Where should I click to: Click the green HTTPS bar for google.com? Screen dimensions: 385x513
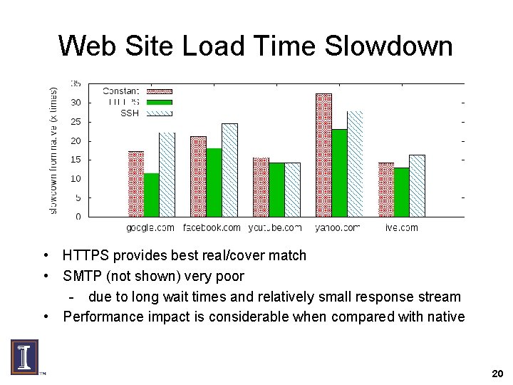coord(151,195)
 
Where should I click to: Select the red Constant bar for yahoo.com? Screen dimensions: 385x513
coord(323,155)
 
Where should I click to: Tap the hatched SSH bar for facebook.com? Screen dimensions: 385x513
coord(229,170)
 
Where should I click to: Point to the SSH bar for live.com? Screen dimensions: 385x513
coord(417,185)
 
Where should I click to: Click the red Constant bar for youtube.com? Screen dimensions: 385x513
coord(261,187)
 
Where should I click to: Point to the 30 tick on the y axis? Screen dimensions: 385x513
coord(76,103)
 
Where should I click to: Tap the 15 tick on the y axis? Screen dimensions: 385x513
coord(76,160)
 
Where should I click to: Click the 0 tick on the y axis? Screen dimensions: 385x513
coord(78,216)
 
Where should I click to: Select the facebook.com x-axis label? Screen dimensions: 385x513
coord(212,228)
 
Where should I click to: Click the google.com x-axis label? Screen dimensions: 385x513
coord(150,228)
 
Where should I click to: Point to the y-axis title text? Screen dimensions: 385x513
coord(53,150)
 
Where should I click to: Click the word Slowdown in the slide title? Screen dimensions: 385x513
coord(388,46)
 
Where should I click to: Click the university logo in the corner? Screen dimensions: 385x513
coord(25,356)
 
